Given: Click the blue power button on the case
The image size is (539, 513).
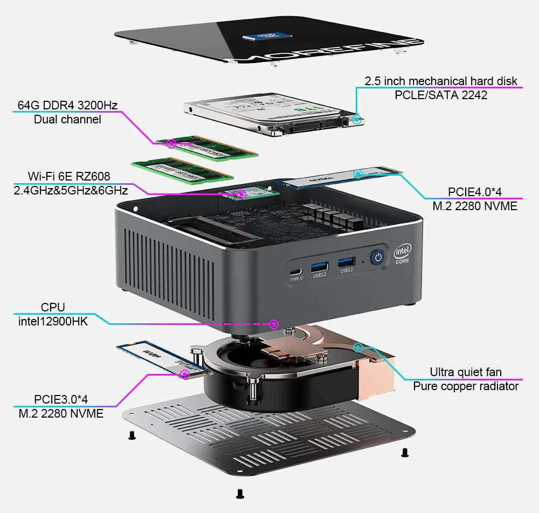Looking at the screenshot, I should pyautogui.click(x=378, y=257).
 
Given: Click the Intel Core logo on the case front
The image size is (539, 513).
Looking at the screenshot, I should pyautogui.click(x=403, y=253).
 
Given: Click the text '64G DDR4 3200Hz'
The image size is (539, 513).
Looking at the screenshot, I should pyautogui.click(x=67, y=105).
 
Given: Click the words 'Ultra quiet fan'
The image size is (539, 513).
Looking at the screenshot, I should pyautogui.click(x=466, y=372).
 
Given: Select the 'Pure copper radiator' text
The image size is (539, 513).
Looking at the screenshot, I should pyautogui.click(x=466, y=386).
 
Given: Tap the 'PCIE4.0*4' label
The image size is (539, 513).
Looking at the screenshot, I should pyautogui.click(x=475, y=192).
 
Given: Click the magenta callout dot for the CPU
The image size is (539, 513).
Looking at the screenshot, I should pyautogui.click(x=274, y=324).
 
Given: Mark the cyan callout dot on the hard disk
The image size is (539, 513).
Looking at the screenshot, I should pyautogui.click(x=357, y=120).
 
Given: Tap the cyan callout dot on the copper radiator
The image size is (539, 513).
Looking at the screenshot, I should pyautogui.click(x=357, y=347).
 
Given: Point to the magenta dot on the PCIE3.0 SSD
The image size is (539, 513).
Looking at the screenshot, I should pyautogui.click(x=185, y=373).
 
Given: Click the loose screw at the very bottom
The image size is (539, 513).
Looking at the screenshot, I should pyautogui.click(x=240, y=493).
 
